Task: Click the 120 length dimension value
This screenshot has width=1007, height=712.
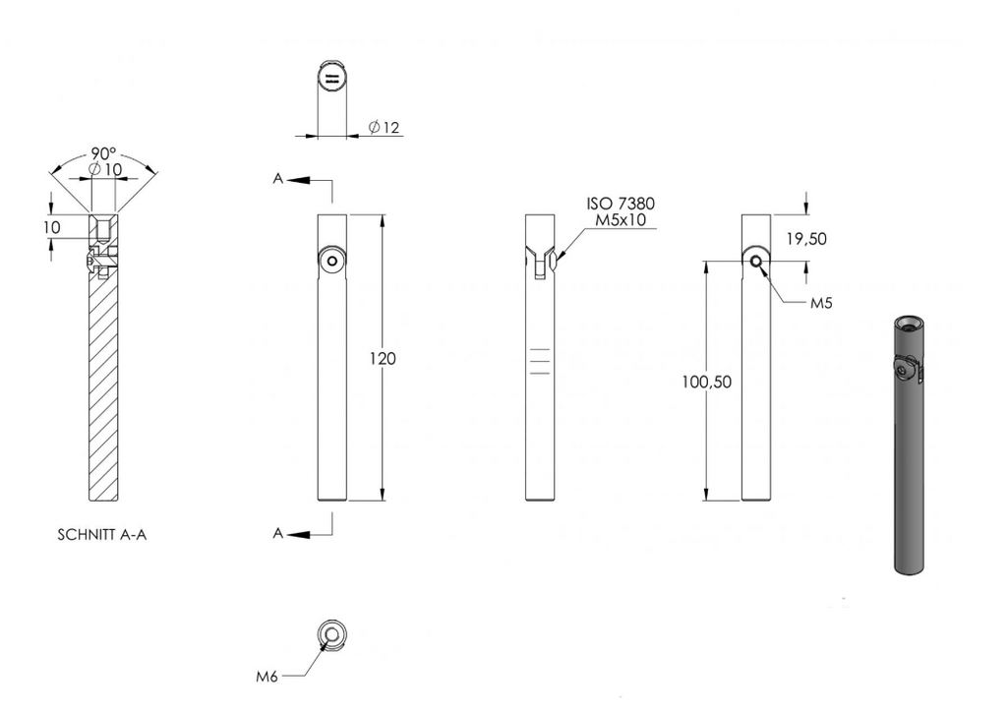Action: point(383,358)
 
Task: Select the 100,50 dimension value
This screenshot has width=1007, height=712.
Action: point(706,382)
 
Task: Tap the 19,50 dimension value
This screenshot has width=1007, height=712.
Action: point(806,239)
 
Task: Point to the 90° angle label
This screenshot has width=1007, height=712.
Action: point(103,153)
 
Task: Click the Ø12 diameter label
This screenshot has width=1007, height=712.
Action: point(385,127)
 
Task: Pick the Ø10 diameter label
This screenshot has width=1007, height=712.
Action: point(104,169)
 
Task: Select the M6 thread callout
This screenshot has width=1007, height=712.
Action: point(267,676)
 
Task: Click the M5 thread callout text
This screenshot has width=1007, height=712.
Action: point(821,303)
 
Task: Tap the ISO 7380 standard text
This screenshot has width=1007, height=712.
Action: point(621,204)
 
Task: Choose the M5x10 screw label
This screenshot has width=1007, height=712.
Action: point(621,220)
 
